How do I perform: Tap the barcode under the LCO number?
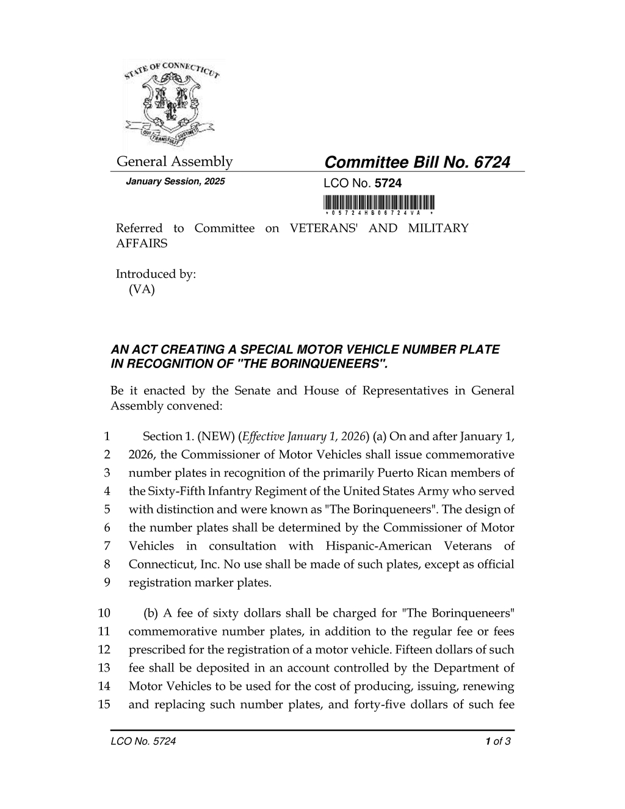(x=379, y=203)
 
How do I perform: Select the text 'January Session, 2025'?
(x=175, y=182)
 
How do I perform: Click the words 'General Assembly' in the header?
(x=175, y=162)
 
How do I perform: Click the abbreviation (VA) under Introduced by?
(x=142, y=289)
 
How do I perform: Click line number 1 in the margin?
(x=107, y=437)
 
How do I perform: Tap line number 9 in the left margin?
(x=107, y=582)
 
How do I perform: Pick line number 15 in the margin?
(x=104, y=705)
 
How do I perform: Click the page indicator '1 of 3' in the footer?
(x=497, y=742)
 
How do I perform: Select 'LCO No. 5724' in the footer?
(x=143, y=742)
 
